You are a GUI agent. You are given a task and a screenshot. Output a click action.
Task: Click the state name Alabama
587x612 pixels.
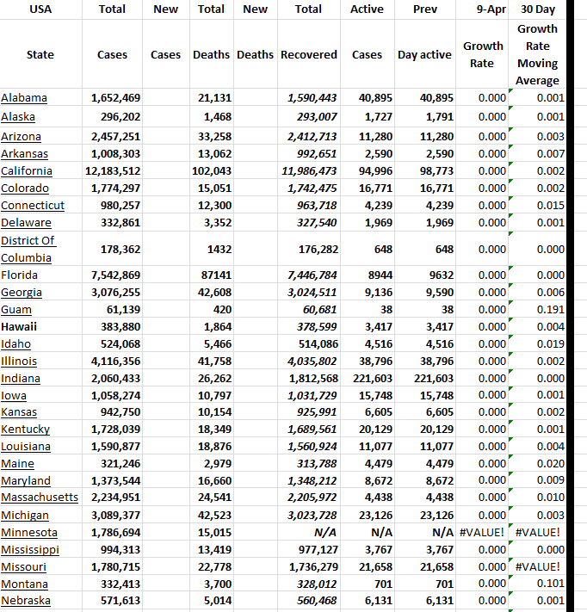[x=24, y=98]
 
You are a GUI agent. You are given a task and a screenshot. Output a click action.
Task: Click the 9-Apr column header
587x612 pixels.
[x=489, y=9]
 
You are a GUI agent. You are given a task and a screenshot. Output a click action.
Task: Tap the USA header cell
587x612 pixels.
[x=40, y=9]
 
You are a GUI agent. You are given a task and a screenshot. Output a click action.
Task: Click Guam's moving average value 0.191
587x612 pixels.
[x=547, y=310]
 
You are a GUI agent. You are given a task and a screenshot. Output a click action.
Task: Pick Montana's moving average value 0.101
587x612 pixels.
[x=547, y=584]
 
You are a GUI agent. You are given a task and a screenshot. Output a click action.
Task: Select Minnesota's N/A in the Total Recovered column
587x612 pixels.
[x=325, y=533]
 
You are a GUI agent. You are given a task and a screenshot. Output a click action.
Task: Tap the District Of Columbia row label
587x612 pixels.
[x=28, y=249]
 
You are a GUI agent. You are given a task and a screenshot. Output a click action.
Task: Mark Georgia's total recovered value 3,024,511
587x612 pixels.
[x=311, y=293]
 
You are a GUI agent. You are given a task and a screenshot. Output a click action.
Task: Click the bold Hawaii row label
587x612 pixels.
[x=19, y=327]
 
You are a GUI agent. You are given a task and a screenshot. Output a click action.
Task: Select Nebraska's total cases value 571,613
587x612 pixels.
[x=115, y=601]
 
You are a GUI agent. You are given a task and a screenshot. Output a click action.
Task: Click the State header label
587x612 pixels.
[x=40, y=54]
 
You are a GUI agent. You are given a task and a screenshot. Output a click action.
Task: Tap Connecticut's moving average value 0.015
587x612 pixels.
[x=547, y=206]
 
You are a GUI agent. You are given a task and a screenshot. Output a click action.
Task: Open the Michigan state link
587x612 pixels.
[x=25, y=516]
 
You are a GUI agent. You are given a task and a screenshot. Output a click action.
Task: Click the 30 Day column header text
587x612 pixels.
[x=538, y=9]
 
